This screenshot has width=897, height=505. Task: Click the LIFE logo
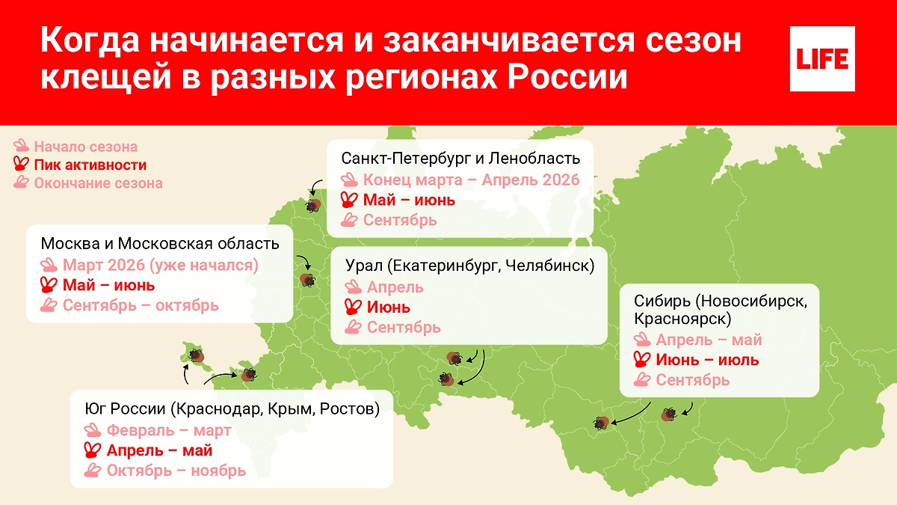pos(822,58)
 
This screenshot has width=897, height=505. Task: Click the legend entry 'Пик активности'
pos(90,165)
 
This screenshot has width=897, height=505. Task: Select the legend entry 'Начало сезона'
pos(85,147)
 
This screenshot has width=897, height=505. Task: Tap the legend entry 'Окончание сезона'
pos(97,183)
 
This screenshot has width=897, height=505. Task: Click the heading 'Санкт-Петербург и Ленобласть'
pos(460,159)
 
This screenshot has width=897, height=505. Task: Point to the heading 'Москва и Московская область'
pos(160,244)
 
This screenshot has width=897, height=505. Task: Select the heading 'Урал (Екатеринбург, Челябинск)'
pos(470,266)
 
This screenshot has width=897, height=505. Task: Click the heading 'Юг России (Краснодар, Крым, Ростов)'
pos(232,409)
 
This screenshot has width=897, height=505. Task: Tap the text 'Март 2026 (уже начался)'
pos(160,265)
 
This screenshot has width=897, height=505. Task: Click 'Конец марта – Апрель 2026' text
pos(471,180)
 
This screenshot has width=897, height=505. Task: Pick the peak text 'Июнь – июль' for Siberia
pos(707,360)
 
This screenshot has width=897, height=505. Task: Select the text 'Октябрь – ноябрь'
pos(176,471)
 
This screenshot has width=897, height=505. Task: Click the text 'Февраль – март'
pos(169,430)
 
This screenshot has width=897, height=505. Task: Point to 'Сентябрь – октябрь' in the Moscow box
pos(141,305)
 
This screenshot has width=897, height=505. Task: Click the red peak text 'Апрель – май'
pos(160,450)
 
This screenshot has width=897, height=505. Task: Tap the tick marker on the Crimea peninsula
pos(197,356)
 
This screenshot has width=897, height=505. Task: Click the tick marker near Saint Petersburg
pos(314,205)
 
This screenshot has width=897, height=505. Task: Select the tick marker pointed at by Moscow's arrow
pos(307,280)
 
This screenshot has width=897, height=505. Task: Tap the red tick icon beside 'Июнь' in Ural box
pos(352,307)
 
